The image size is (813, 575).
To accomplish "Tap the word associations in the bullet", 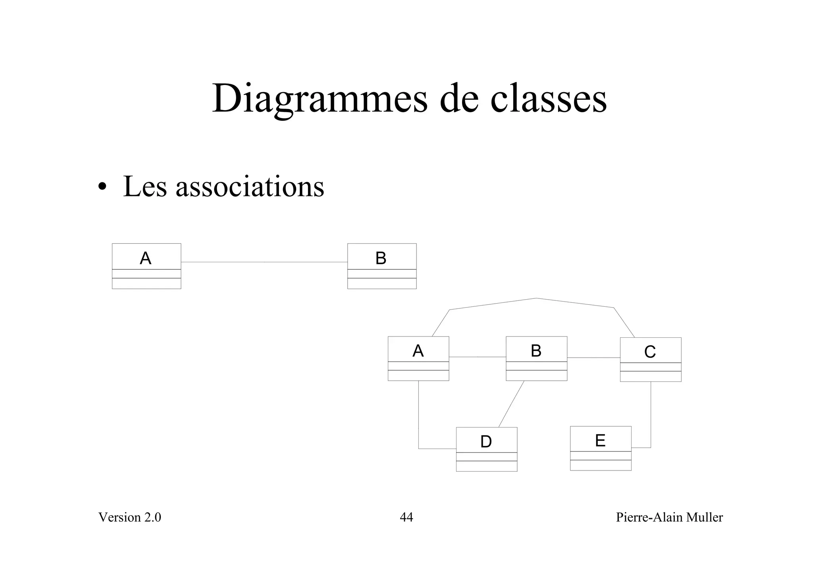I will (x=250, y=186).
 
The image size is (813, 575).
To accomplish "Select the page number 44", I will (x=406, y=517).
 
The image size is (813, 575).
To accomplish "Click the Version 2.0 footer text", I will (x=129, y=517).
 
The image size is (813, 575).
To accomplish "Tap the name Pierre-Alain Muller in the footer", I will (x=669, y=517).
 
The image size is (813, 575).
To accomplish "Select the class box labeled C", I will (x=650, y=359).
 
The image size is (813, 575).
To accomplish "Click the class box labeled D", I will (x=486, y=449).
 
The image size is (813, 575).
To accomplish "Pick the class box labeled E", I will (x=600, y=448).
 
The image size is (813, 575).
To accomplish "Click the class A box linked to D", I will (x=418, y=358).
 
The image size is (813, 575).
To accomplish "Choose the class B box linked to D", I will (x=536, y=358).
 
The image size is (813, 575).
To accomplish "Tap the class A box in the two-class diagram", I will (x=146, y=266).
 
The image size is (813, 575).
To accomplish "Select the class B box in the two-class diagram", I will (x=381, y=266).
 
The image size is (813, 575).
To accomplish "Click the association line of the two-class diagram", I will (x=264, y=262).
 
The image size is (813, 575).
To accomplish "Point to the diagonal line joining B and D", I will (x=511, y=404).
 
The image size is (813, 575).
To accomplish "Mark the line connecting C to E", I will (x=651, y=417).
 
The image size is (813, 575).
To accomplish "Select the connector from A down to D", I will (x=418, y=417).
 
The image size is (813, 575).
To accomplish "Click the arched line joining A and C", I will (x=536, y=298).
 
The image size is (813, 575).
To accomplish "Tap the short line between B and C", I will (x=593, y=358).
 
